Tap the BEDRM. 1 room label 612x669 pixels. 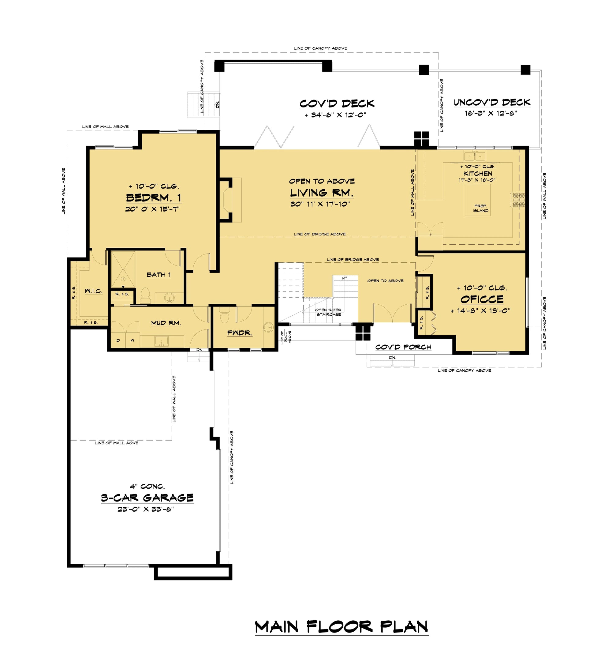click(x=154, y=198)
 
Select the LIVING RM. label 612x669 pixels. click(x=321, y=193)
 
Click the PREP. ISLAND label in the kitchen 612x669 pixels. click(x=481, y=208)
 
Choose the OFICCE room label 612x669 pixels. click(x=482, y=299)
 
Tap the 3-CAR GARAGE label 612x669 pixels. click(x=147, y=498)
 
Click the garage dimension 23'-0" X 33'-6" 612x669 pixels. click(x=146, y=509)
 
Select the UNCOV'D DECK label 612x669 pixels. click(x=492, y=103)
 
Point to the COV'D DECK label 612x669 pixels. click(x=337, y=104)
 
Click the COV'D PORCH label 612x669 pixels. click(x=403, y=347)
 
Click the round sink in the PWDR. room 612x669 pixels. click(x=268, y=327)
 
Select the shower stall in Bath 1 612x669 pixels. click(x=123, y=269)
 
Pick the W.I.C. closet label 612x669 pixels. click(x=94, y=291)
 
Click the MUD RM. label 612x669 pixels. click(x=166, y=323)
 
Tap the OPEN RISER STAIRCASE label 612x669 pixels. click(x=328, y=312)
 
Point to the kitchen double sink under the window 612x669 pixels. click(x=475, y=156)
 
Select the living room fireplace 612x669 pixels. click(x=229, y=200)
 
